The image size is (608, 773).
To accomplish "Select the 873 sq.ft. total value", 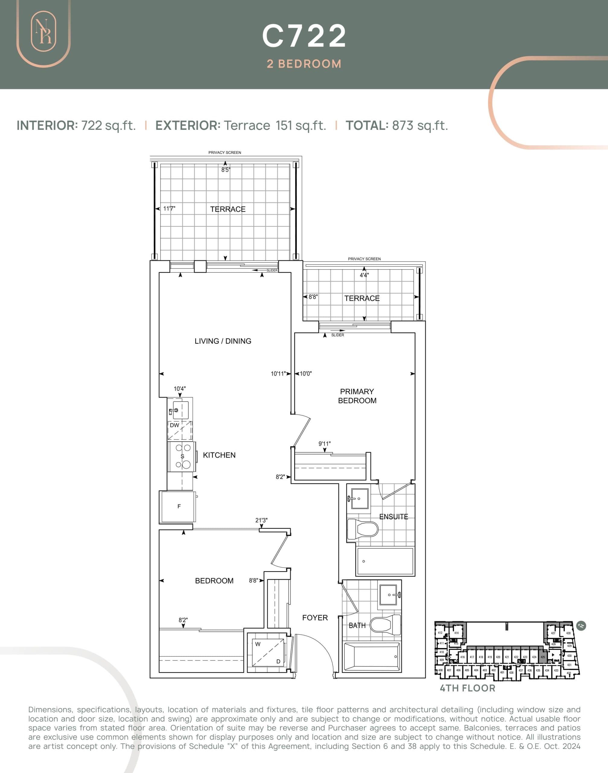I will point(420,125).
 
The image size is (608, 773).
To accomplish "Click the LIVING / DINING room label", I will point(223,341).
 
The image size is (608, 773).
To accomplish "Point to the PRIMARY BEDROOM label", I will point(357,396).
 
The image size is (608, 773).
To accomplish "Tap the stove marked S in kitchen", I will point(182,457).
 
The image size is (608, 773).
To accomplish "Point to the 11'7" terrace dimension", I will point(169,208).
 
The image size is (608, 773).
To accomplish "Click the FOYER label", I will point(315,618).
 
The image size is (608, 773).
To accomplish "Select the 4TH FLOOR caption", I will point(467,688).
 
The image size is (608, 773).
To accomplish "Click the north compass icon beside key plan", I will point(581,626).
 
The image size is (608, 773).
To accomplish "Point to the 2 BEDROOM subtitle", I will point(304,64).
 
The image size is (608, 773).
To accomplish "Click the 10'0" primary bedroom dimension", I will point(305,374).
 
